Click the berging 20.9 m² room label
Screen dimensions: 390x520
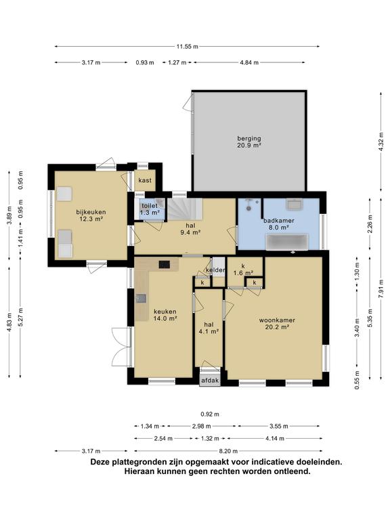[249, 142]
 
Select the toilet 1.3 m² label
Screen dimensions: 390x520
[150, 209]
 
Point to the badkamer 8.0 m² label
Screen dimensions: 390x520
[278, 224]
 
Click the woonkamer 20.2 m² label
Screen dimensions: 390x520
[277, 324]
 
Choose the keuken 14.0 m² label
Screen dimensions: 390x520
[165, 315]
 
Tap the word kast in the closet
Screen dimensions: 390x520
[145, 180]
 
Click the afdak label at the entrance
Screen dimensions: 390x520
[211, 380]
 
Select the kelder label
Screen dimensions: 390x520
[215, 270]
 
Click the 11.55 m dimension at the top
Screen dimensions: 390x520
[187, 47]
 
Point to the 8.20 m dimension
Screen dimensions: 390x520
[228, 451]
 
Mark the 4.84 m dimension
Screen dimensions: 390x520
[249, 62]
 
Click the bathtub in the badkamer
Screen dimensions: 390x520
[288, 242]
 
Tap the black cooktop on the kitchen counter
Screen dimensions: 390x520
[165, 265]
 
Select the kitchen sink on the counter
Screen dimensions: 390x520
[141, 299]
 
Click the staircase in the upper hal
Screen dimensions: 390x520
[184, 209]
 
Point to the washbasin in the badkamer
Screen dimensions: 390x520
[294, 204]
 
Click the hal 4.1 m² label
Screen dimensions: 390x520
[209, 328]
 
